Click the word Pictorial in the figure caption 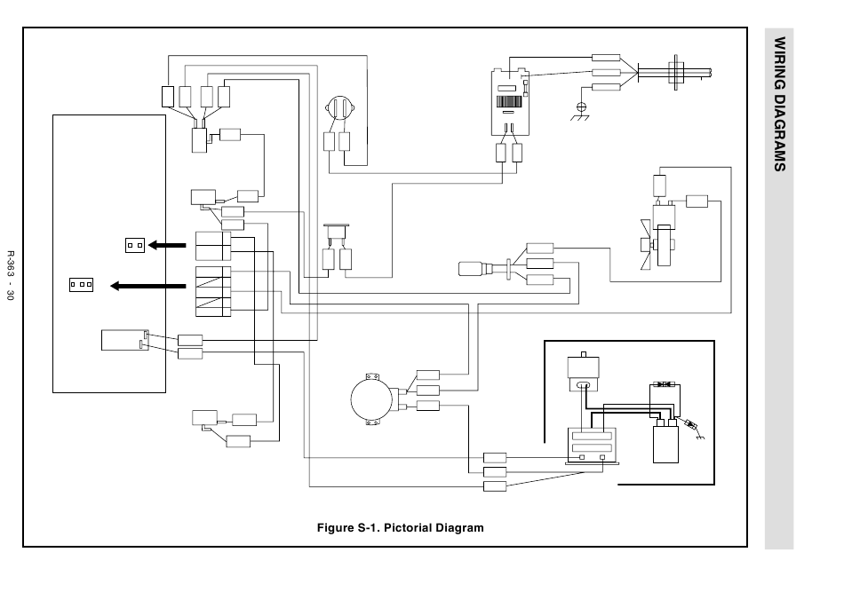pyautogui.click(x=408, y=527)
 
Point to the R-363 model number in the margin pyautogui.click(x=11, y=264)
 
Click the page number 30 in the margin pyautogui.click(x=11, y=295)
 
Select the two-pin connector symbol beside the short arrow pyautogui.click(x=134, y=245)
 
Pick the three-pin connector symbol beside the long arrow pyautogui.click(x=81, y=284)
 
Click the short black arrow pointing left pyautogui.click(x=167, y=245)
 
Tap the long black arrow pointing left pyautogui.click(x=148, y=286)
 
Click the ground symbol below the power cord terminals pyautogui.click(x=581, y=111)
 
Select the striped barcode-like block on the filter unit pyautogui.click(x=509, y=102)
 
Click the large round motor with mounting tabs pyautogui.click(x=372, y=399)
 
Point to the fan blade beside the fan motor pyautogui.click(x=645, y=245)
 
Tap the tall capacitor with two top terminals pyautogui.click(x=665, y=441)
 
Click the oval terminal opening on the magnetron pyautogui.click(x=583, y=385)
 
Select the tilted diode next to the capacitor pyautogui.click(x=689, y=423)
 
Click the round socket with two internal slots pyautogui.click(x=339, y=108)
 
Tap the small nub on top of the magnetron pyautogui.click(x=584, y=354)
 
